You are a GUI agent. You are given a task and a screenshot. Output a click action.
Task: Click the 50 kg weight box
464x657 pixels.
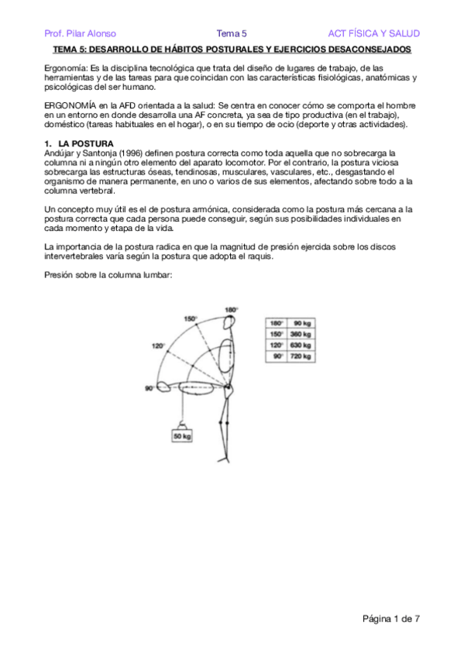[x=182, y=436]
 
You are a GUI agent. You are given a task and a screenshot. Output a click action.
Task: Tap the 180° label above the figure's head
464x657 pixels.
[x=231, y=311]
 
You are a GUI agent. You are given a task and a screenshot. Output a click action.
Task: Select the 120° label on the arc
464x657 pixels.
[x=159, y=346]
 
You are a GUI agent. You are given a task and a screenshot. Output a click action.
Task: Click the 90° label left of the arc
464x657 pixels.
[x=148, y=388]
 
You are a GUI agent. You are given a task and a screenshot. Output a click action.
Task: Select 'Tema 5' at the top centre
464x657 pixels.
[x=231, y=33]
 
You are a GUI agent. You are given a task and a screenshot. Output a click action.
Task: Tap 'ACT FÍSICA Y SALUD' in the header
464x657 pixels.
[x=374, y=33]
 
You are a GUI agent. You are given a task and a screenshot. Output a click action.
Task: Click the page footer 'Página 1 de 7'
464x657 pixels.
[x=391, y=618]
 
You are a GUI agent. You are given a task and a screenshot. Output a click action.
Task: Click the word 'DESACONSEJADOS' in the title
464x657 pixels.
[x=368, y=49]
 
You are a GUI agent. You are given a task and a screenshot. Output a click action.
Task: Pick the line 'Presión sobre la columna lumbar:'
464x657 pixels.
[x=107, y=275]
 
